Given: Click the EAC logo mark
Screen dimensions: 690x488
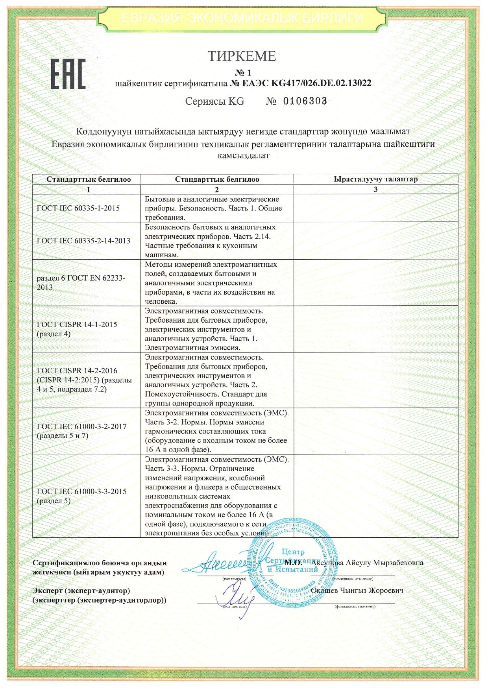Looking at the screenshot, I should click(x=68, y=74).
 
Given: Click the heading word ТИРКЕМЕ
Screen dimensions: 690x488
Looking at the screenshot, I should click(x=242, y=56).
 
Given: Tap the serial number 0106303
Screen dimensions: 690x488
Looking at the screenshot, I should click(x=305, y=101).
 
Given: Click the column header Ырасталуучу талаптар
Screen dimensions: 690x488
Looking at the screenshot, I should click(x=375, y=179).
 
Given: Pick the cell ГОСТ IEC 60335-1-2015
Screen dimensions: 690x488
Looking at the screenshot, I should click(x=78, y=208).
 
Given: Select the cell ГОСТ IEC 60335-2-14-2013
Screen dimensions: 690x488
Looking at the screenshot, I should click(x=83, y=241).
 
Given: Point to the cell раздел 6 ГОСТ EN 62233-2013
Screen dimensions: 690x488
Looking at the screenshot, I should click(x=81, y=282).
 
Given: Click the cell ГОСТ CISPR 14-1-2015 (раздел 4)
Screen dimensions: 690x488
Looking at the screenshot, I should click(x=77, y=329).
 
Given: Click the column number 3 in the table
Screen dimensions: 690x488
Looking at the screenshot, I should click(x=375, y=189).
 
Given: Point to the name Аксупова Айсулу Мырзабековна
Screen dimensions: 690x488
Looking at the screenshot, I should click(x=367, y=563).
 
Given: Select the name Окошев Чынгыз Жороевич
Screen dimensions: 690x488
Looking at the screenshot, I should click(x=357, y=590).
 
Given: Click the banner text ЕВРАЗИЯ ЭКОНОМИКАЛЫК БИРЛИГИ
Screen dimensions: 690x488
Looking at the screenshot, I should click(x=242, y=18).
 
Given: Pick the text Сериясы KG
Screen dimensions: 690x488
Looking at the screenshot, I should click(x=214, y=101).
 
